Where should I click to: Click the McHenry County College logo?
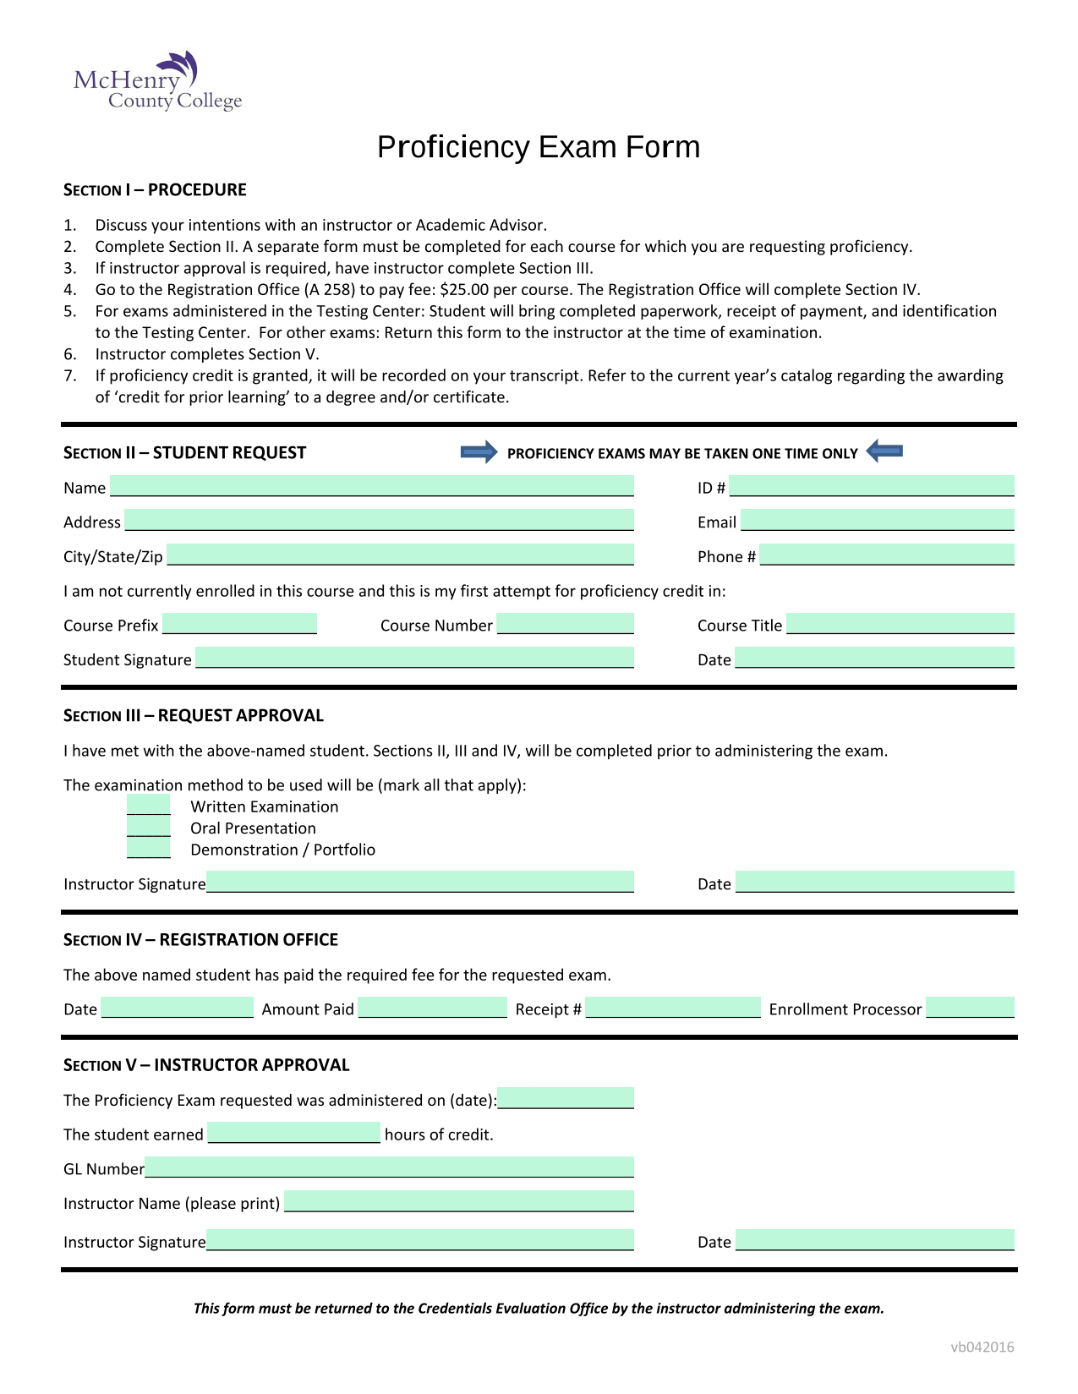point(158,82)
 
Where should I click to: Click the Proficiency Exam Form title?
point(539,147)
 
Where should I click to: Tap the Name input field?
point(372,486)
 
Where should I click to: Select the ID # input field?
point(872,486)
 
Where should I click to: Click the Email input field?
point(877,520)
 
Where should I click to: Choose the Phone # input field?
point(887,555)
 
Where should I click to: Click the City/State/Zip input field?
point(400,555)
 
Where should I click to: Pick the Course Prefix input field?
point(239,624)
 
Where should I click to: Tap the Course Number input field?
point(565,624)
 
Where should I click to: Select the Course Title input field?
point(900,624)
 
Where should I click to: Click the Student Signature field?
point(414,658)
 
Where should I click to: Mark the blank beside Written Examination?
point(149,806)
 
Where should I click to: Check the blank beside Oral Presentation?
point(149,828)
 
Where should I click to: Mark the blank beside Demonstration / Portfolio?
point(149,849)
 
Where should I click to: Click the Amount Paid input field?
point(432,1008)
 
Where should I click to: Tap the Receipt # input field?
point(673,1008)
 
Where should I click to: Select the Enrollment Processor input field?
point(970,1008)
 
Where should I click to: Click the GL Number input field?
point(389,1167)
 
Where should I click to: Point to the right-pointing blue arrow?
point(479,452)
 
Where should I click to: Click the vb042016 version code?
point(982,1348)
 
